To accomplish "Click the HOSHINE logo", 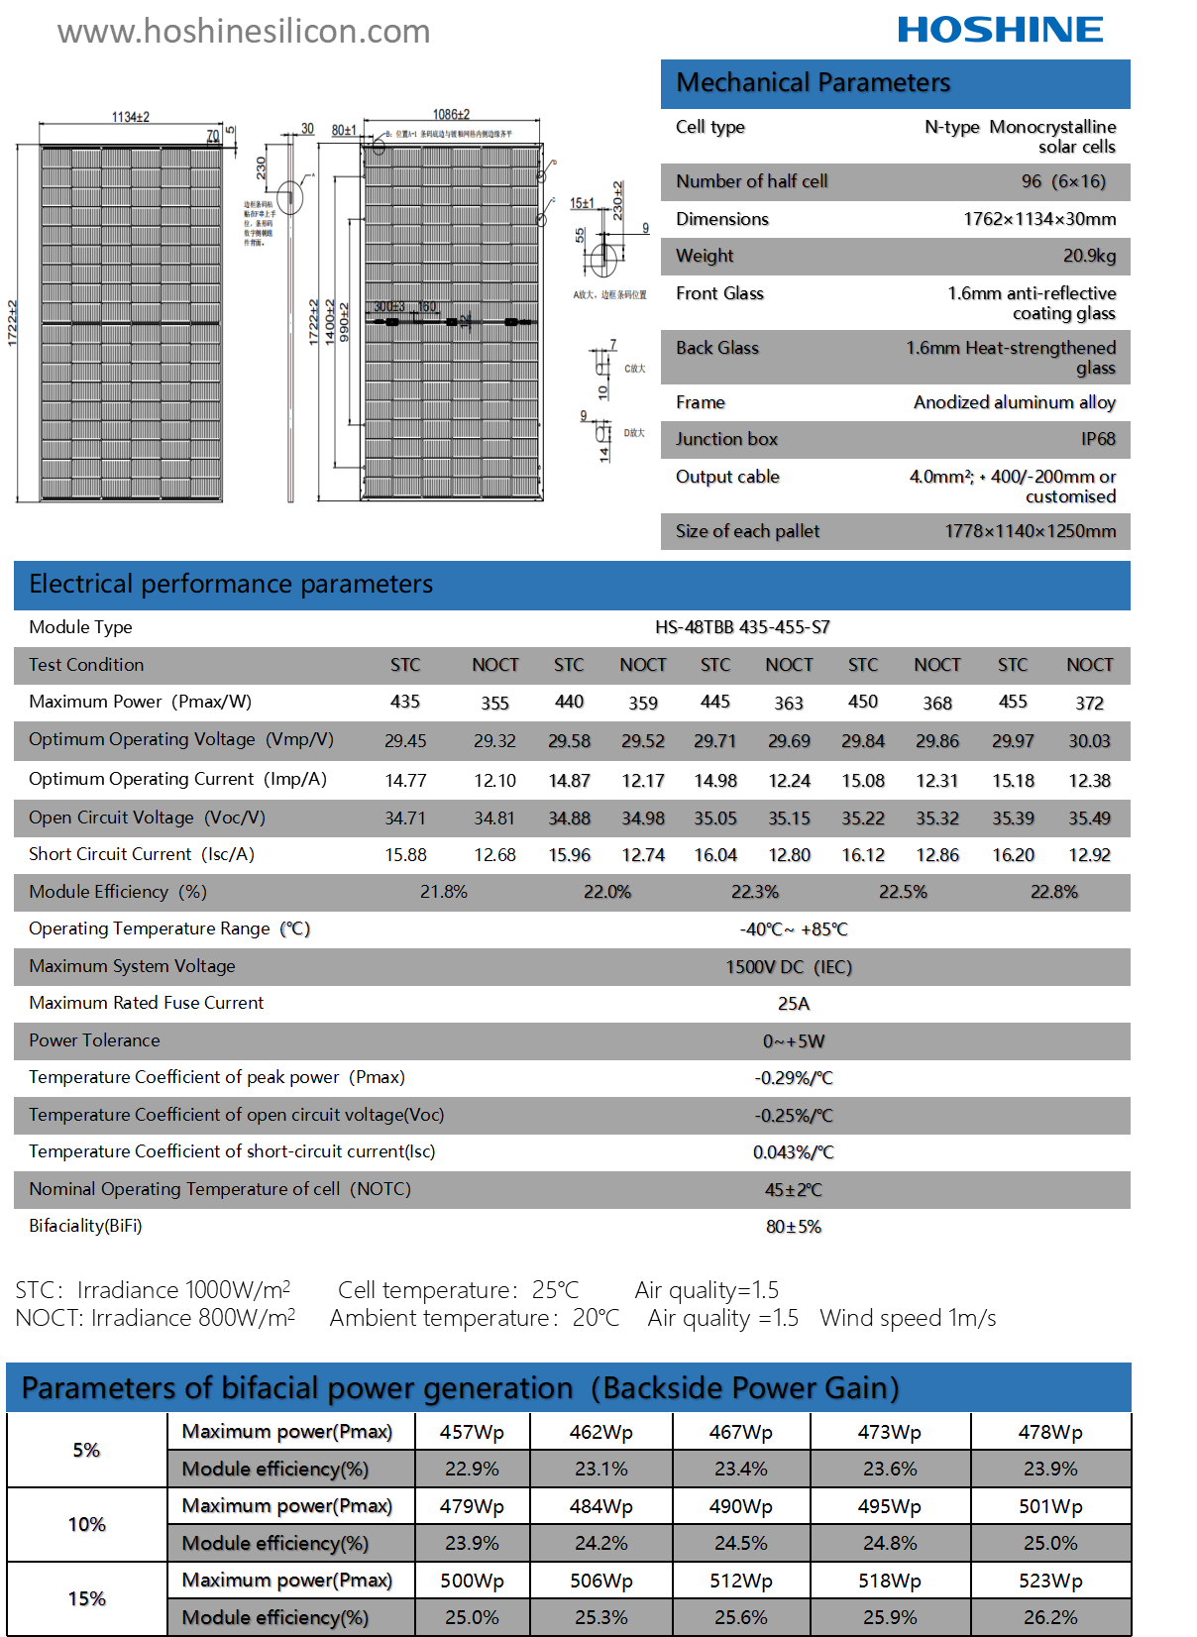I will [x=1000, y=30].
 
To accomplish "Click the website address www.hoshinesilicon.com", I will [x=244, y=32].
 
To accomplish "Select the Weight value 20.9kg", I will [x=1089, y=256].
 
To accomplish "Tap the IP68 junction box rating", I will [x=1098, y=439].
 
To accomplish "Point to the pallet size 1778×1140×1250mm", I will [x=1030, y=531].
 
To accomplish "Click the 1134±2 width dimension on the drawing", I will [x=130, y=117].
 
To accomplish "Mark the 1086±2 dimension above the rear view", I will [x=451, y=115].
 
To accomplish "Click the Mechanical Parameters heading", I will [x=813, y=83].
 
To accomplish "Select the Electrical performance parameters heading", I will [x=231, y=585].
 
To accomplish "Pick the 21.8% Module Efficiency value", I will [x=443, y=892].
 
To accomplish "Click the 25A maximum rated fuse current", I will [x=794, y=1004].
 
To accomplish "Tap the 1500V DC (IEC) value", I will [x=789, y=967].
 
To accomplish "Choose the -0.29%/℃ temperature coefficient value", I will [x=794, y=1078].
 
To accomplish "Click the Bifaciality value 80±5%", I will [x=794, y=1227].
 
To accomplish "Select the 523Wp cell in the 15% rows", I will [x=1050, y=1582].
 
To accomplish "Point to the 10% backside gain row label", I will [x=87, y=1525].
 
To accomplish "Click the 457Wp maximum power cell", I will [x=472, y=1433].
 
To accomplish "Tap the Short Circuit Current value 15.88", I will [x=405, y=855].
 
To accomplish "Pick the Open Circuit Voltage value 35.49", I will [x=1089, y=818].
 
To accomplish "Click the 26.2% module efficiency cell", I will [x=1050, y=1618].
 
